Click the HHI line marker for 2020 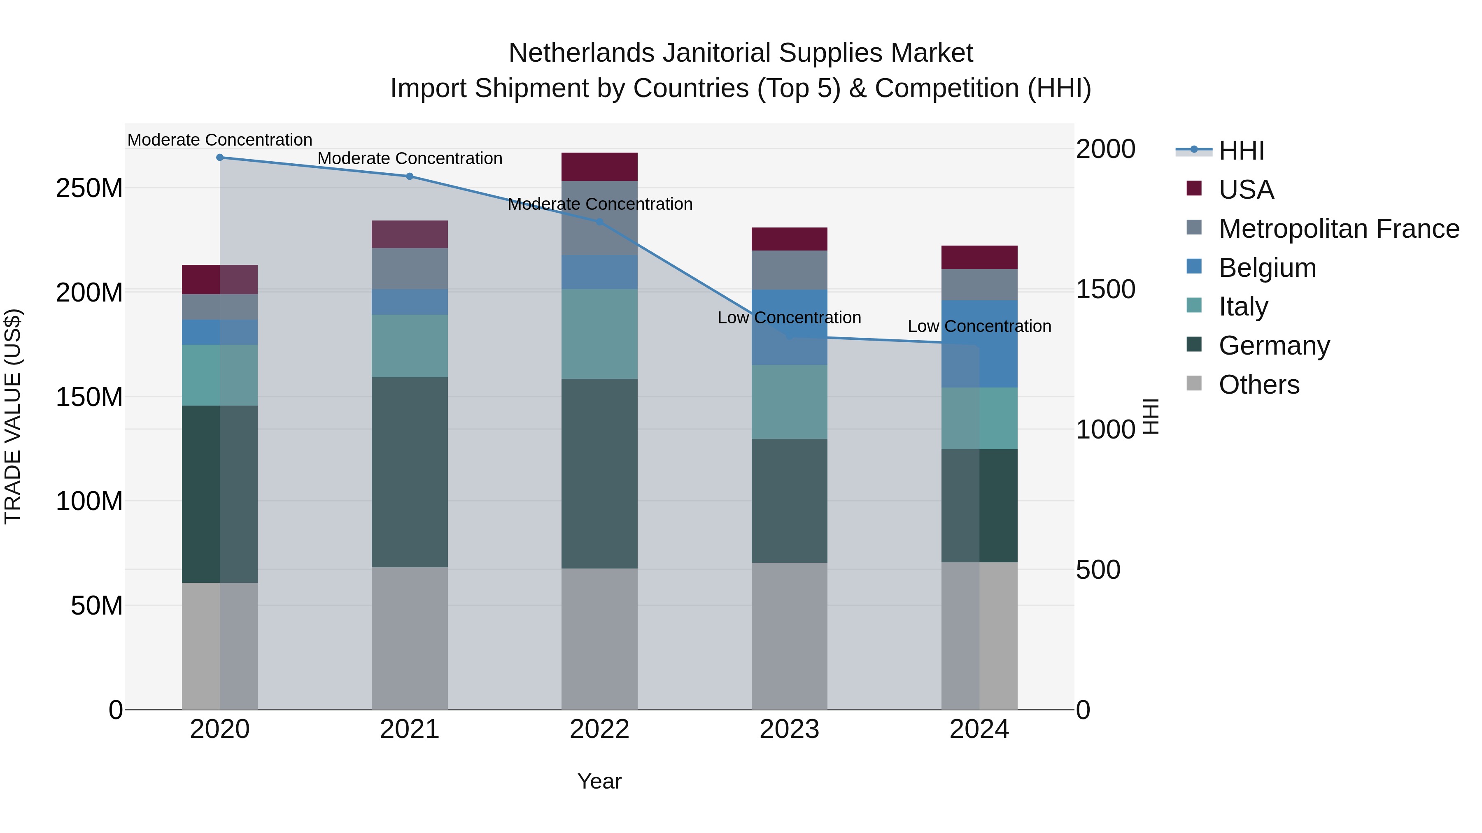(x=220, y=158)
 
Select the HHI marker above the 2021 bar (x=410, y=176)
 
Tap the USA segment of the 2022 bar (x=599, y=167)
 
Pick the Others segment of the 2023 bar (x=789, y=636)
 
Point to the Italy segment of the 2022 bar (x=599, y=334)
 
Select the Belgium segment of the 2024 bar (x=979, y=344)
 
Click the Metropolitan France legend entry (x=1338, y=229)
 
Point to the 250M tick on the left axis (x=89, y=188)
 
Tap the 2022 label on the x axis (x=599, y=729)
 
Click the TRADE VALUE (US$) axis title (x=13, y=416)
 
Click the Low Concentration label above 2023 (x=789, y=318)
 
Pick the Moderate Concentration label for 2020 (x=220, y=140)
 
